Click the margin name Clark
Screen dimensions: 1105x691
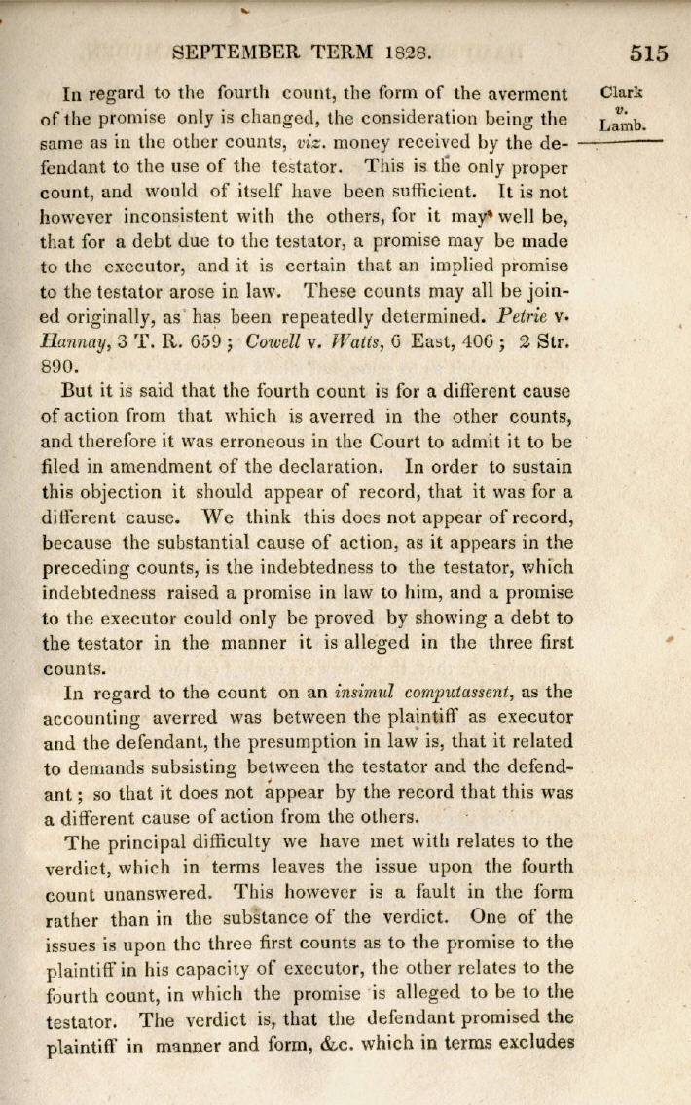click(623, 94)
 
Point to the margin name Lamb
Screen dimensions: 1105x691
click(623, 125)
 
